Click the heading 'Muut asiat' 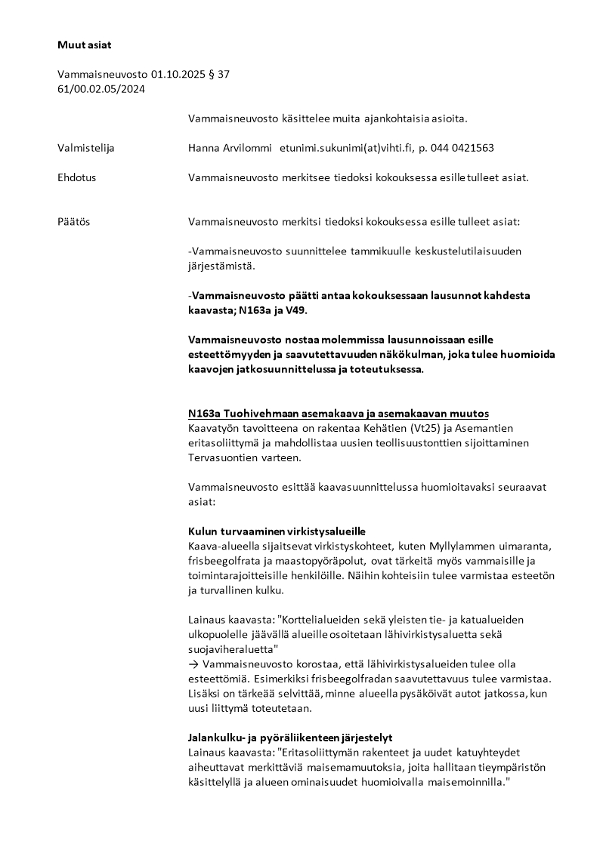[x=84, y=45]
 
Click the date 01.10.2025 [x=178, y=75]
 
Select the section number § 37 [x=218, y=75]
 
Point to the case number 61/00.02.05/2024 [x=101, y=89]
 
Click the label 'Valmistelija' [x=85, y=148]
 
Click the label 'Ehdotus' [x=76, y=178]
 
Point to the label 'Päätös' [x=73, y=223]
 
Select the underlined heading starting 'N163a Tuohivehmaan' [x=338, y=414]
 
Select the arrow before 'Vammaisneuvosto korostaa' [x=193, y=664]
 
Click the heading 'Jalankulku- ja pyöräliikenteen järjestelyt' [x=289, y=737]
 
